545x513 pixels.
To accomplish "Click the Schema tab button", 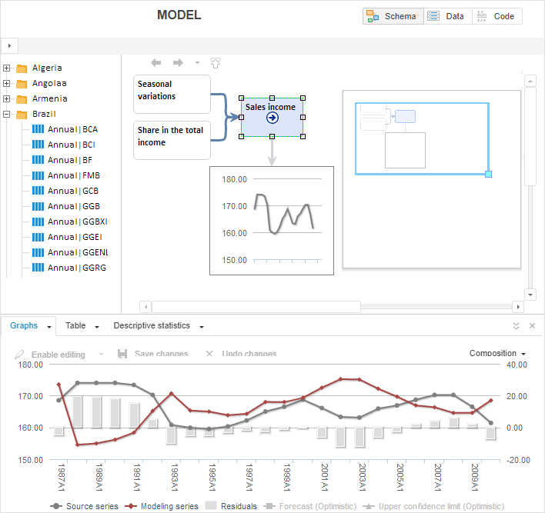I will point(393,16).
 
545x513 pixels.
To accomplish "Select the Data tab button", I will point(447,16).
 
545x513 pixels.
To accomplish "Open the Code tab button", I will point(497,16).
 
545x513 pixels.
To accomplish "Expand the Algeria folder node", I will point(7,68).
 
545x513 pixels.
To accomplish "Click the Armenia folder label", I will point(49,98).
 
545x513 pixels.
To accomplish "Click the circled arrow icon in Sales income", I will point(272,118).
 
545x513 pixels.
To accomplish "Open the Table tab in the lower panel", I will point(75,326).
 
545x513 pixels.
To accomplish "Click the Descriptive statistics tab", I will point(152,326).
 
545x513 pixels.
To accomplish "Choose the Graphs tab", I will point(24,326).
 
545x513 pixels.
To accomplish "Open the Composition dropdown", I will point(497,354).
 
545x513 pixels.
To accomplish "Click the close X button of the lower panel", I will point(532,326).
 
